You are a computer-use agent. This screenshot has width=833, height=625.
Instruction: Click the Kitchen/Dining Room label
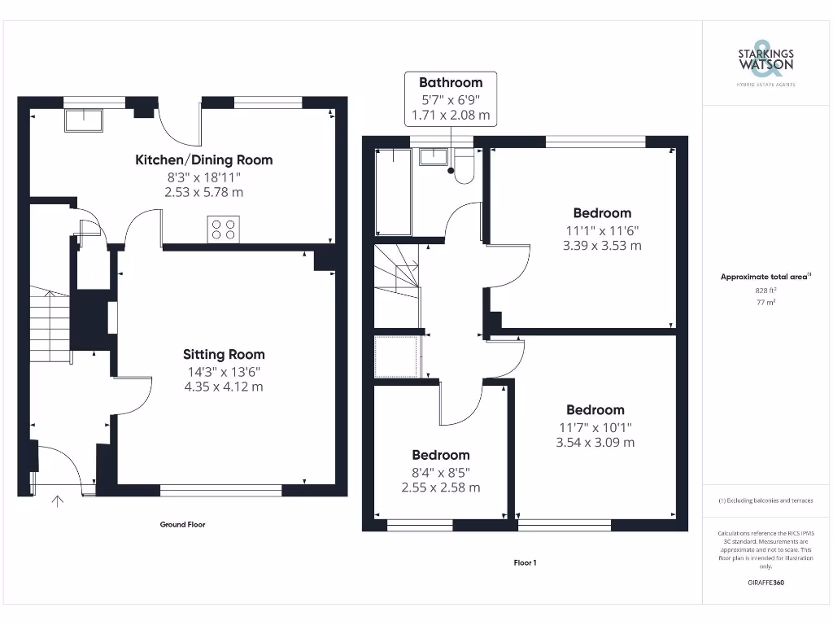[203, 160]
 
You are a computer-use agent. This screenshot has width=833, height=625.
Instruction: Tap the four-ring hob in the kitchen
[225, 229]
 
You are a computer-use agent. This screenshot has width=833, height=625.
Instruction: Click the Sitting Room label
[224, 355]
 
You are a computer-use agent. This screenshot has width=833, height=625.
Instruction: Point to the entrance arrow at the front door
[58, 502]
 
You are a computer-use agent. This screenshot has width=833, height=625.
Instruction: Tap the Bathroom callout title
[451, 82]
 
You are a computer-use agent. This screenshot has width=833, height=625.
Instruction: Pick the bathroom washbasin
[433, 156]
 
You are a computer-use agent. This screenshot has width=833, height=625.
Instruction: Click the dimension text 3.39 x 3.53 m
[602, 245]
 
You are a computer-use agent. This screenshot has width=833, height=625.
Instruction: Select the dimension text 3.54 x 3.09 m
[595, 443]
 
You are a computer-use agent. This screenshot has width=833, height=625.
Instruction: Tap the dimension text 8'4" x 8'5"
[440, 471]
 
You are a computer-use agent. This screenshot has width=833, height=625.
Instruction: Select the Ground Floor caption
[182, 525]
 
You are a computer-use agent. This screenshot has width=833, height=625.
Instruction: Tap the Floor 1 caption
[525, 563]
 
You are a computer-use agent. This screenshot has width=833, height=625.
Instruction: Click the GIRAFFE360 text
[765, 583]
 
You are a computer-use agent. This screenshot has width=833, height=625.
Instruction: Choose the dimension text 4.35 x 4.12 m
[224, 387]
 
